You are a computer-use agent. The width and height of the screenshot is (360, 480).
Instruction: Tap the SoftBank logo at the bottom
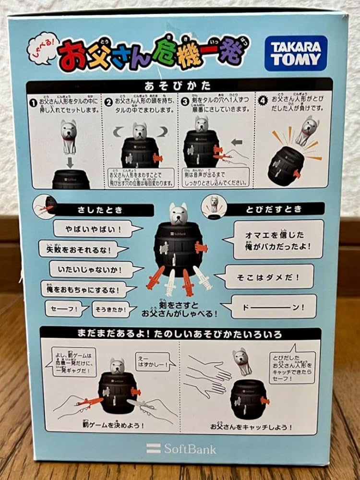click(x=181, y=449)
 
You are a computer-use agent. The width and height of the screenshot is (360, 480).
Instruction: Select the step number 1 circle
click(x=33, y=102)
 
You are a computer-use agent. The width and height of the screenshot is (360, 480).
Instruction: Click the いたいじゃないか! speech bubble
click(x=90, y=269)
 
